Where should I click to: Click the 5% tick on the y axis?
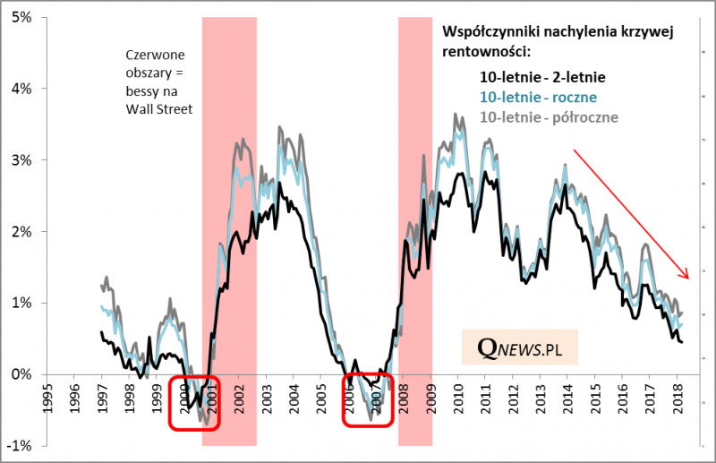tap(20, 17)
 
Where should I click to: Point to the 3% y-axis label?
tap(20, 160)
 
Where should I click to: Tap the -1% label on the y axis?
tap(18, 446)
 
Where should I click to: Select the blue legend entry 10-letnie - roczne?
tap(539, 97)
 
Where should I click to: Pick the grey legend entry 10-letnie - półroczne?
tap(550, 116)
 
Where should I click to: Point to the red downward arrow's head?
tap(686, 275)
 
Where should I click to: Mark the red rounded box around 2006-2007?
tap(369, 400)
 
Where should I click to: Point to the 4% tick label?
tap(20, 89)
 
